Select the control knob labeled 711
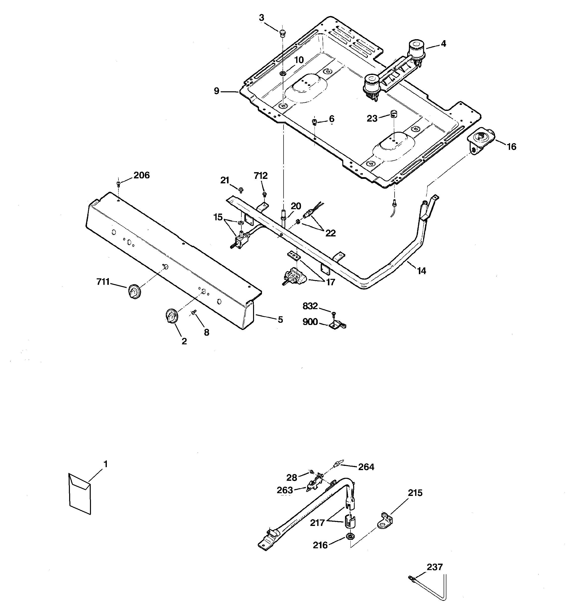click(133, 291)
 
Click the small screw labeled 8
click(194, 313)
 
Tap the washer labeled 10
click(282, 73)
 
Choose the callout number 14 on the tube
click(421, 271)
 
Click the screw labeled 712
click(264, 194)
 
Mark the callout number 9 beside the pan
click(216, 91)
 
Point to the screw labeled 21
click(241, 188)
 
